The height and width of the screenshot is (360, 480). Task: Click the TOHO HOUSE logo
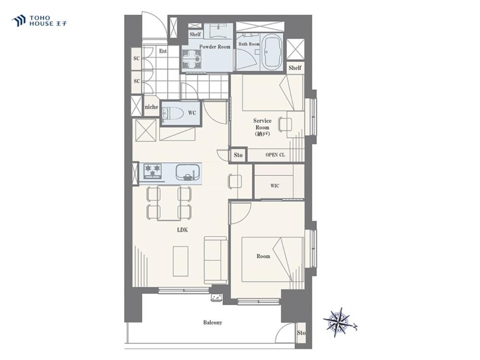[x=39, y=21]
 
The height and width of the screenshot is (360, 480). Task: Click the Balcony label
[x=213, y=323]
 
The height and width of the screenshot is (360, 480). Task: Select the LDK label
[x=182, y=230]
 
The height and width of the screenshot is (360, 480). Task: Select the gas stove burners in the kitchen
[x=153, y=171]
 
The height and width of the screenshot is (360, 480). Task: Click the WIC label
[x=275, y=186]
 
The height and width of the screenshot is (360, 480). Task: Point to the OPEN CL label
[x=275, y=155]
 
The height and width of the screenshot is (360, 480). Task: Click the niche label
[x=151, y=107]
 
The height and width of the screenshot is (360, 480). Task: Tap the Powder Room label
[x=215, y=47]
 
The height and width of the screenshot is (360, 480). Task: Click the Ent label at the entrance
[x=163, y=51]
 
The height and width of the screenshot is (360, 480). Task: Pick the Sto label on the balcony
[x=301, y=333]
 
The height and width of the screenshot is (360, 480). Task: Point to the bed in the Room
[x=273, y=260]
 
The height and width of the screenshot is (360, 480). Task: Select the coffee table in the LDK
[x=180, y=261]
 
